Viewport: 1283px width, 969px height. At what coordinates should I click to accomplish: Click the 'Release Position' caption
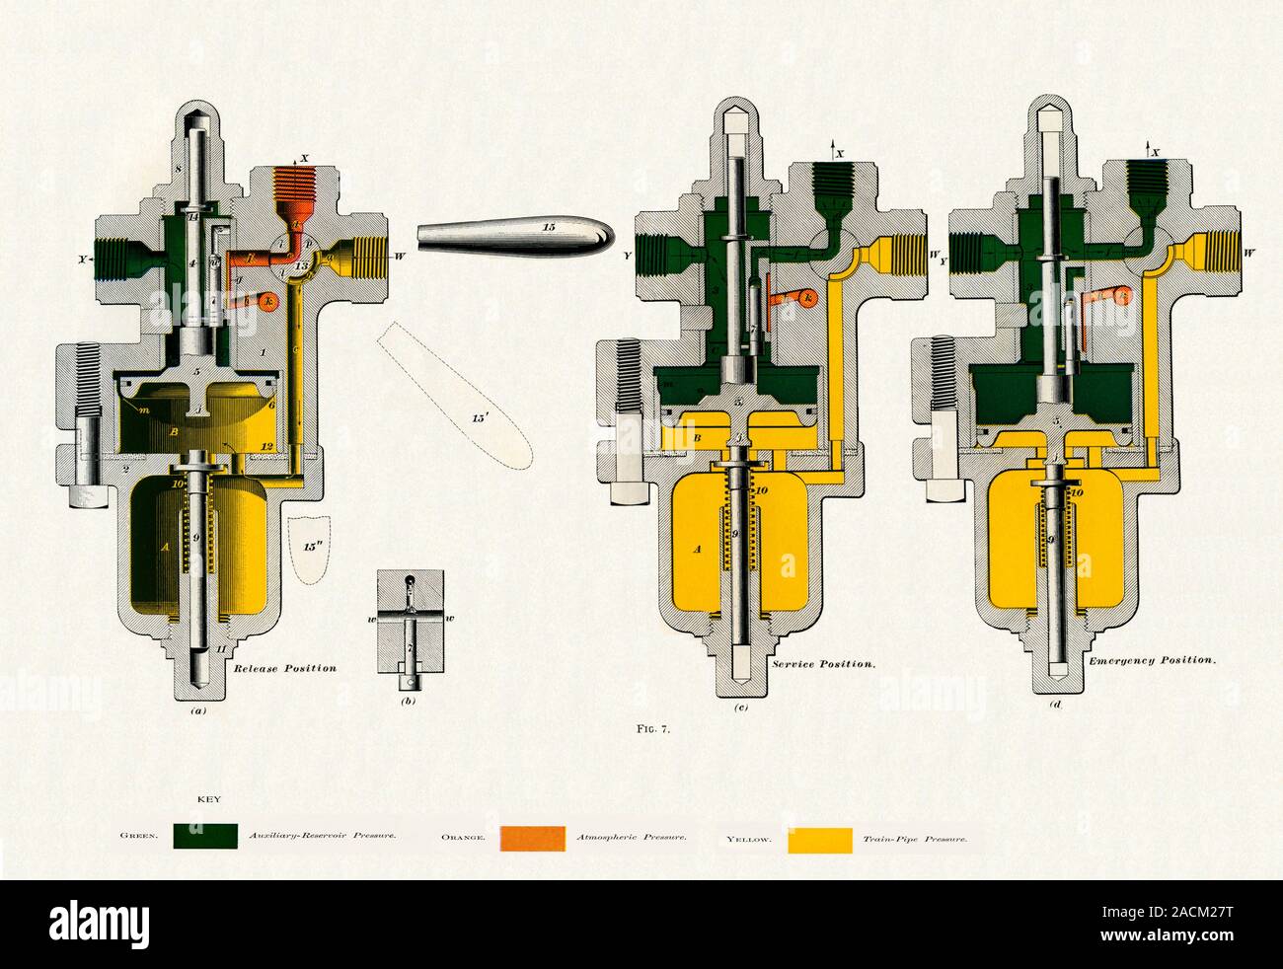(x=284, y=668)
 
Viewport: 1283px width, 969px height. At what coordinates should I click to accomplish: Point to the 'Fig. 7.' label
(x=653, y=730)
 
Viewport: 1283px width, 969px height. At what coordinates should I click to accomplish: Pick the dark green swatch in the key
(x=204, y=837)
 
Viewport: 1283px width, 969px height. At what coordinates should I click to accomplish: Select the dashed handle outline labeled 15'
(x=457, y=395)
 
